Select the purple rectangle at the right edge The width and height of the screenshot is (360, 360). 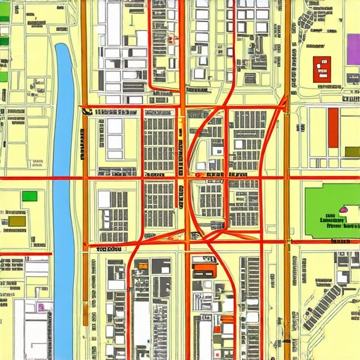tap(354, 48)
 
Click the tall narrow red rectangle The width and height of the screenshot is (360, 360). tap(333, 127)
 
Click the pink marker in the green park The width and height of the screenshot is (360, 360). tap(344, 209)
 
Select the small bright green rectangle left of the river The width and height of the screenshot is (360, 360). tap(29, 196)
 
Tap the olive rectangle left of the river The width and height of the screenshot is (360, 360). tap(17, 222)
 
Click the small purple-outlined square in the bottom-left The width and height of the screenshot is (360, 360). tap(41, 307)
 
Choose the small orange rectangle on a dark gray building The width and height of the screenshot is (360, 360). tap(143, 265)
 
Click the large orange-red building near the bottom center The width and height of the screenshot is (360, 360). tap(204, 268)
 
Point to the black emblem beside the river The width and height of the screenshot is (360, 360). tap(86, 109)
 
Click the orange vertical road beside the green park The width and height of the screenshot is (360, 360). tap(287, 211)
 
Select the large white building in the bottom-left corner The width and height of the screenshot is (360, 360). tap(32, 330)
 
